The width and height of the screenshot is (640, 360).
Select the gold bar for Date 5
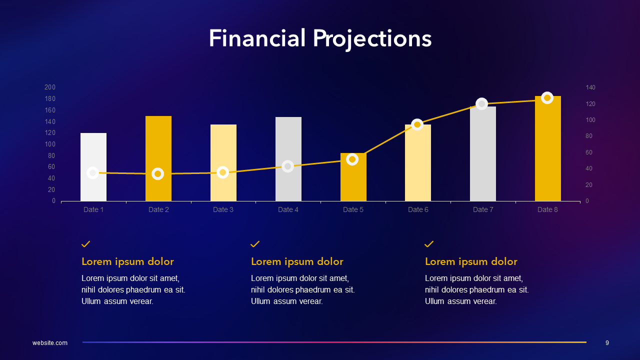[x=353, y=182]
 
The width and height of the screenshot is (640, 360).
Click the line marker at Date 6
[x=417, y=124]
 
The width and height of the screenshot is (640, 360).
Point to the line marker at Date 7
[x=482, y=104]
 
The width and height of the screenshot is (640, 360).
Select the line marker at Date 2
[x=158, y=174]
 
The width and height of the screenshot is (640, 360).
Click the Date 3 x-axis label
[x=223, y=209]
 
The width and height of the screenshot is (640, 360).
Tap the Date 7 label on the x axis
[x=483, y=209]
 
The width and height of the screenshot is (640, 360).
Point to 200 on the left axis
[x=50, y=87]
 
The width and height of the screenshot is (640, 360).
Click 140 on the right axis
[x=590, y=87]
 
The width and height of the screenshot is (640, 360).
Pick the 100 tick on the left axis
[x=50, y=144]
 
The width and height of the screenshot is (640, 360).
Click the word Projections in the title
[x=372, y=39]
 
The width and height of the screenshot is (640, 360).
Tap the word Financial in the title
[x=257, y=38]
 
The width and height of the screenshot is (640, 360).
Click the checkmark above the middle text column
[x=255, y=244]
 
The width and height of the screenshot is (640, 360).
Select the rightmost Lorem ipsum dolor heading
[x=471, y=261]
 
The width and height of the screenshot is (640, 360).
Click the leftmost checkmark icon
[x=86, y=244]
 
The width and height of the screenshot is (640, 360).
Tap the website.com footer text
[x=50, y=343]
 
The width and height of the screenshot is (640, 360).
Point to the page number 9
[x=607, y=343]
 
